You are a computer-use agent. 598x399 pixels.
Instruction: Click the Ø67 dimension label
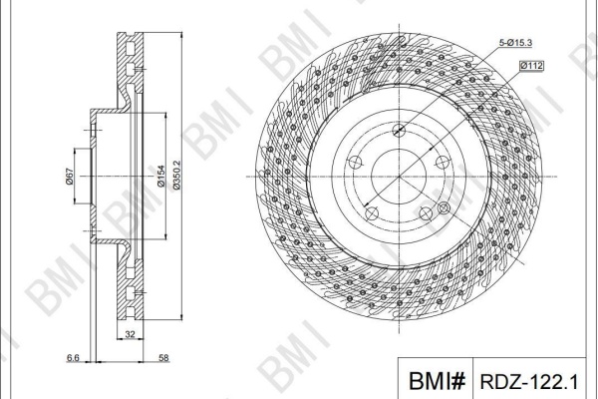point(69,177)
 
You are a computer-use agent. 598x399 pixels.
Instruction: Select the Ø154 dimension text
point(160,176)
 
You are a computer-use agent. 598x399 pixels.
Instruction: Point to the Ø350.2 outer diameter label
point(176,176)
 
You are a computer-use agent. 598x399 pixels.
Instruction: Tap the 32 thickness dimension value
point(130,334)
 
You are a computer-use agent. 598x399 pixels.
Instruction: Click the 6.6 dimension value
point(73,358)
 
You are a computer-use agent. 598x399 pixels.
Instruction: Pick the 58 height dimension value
point(163,358)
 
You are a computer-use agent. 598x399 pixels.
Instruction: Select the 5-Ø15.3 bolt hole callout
point(515,43)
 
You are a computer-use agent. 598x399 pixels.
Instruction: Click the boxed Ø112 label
point(531,66)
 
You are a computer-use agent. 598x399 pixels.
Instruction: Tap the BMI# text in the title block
point(437,381)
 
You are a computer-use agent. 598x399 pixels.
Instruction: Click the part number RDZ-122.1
point(529,381)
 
